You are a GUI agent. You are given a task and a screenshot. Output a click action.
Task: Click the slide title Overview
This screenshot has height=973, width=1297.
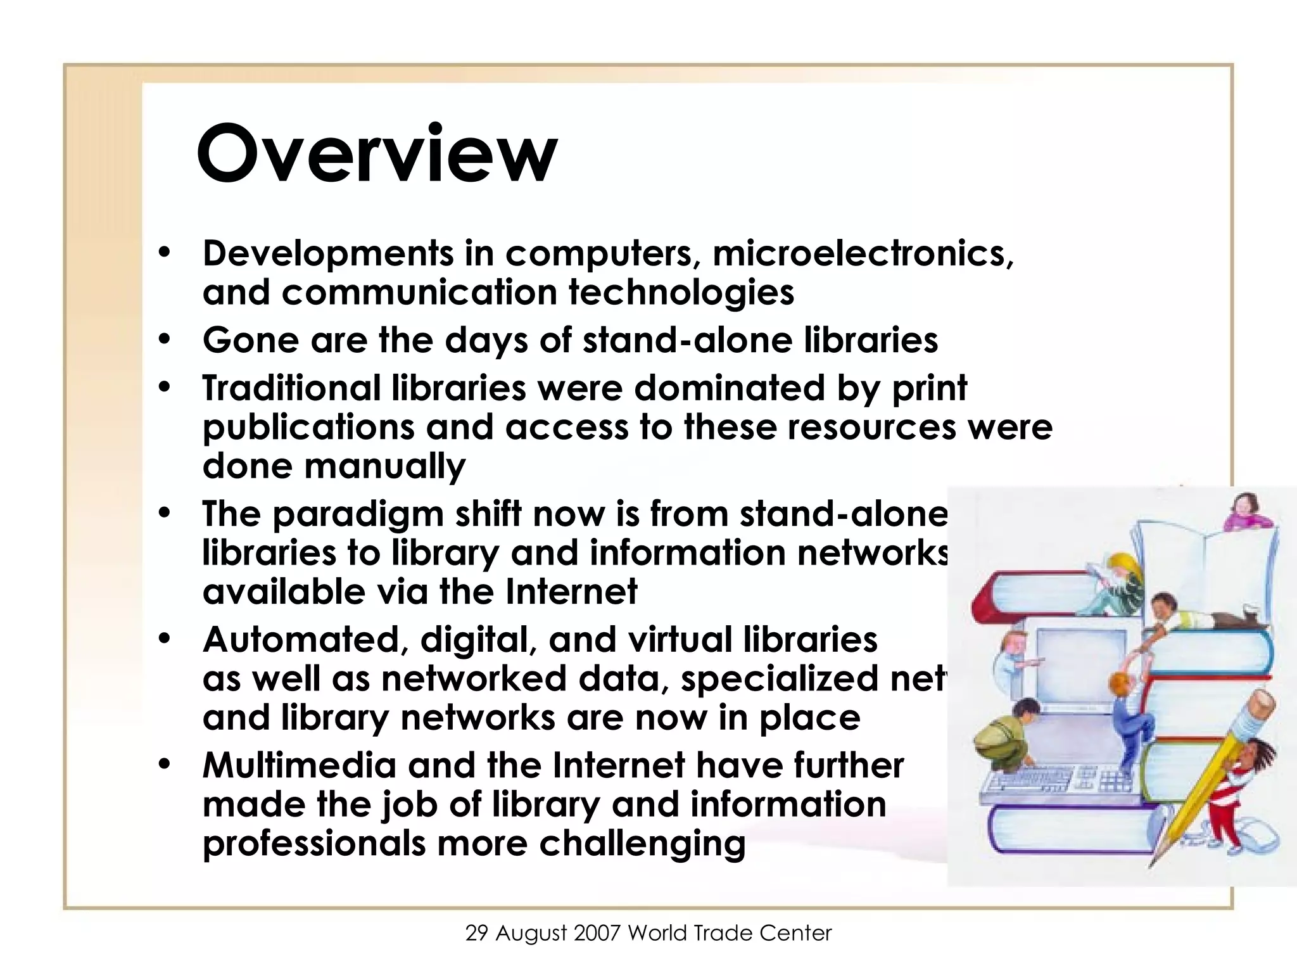[377, 154]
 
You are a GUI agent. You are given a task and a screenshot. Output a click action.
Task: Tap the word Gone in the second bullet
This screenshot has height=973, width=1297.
[250, 340]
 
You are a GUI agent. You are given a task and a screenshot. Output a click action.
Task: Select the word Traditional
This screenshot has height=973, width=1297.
[291, 388]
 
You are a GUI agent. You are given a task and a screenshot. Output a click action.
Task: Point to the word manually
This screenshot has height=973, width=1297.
[385, 467]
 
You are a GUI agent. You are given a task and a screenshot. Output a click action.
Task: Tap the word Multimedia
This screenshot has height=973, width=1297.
[299, 765]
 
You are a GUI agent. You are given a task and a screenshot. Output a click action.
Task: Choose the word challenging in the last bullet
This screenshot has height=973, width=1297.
[642, 843]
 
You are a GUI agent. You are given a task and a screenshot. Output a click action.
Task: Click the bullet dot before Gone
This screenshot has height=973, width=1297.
[165, 340]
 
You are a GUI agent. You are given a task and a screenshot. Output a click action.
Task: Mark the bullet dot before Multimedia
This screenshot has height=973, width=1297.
[165, 765]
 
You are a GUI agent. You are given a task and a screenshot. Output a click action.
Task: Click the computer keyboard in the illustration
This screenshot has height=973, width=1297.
[1051, 782]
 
